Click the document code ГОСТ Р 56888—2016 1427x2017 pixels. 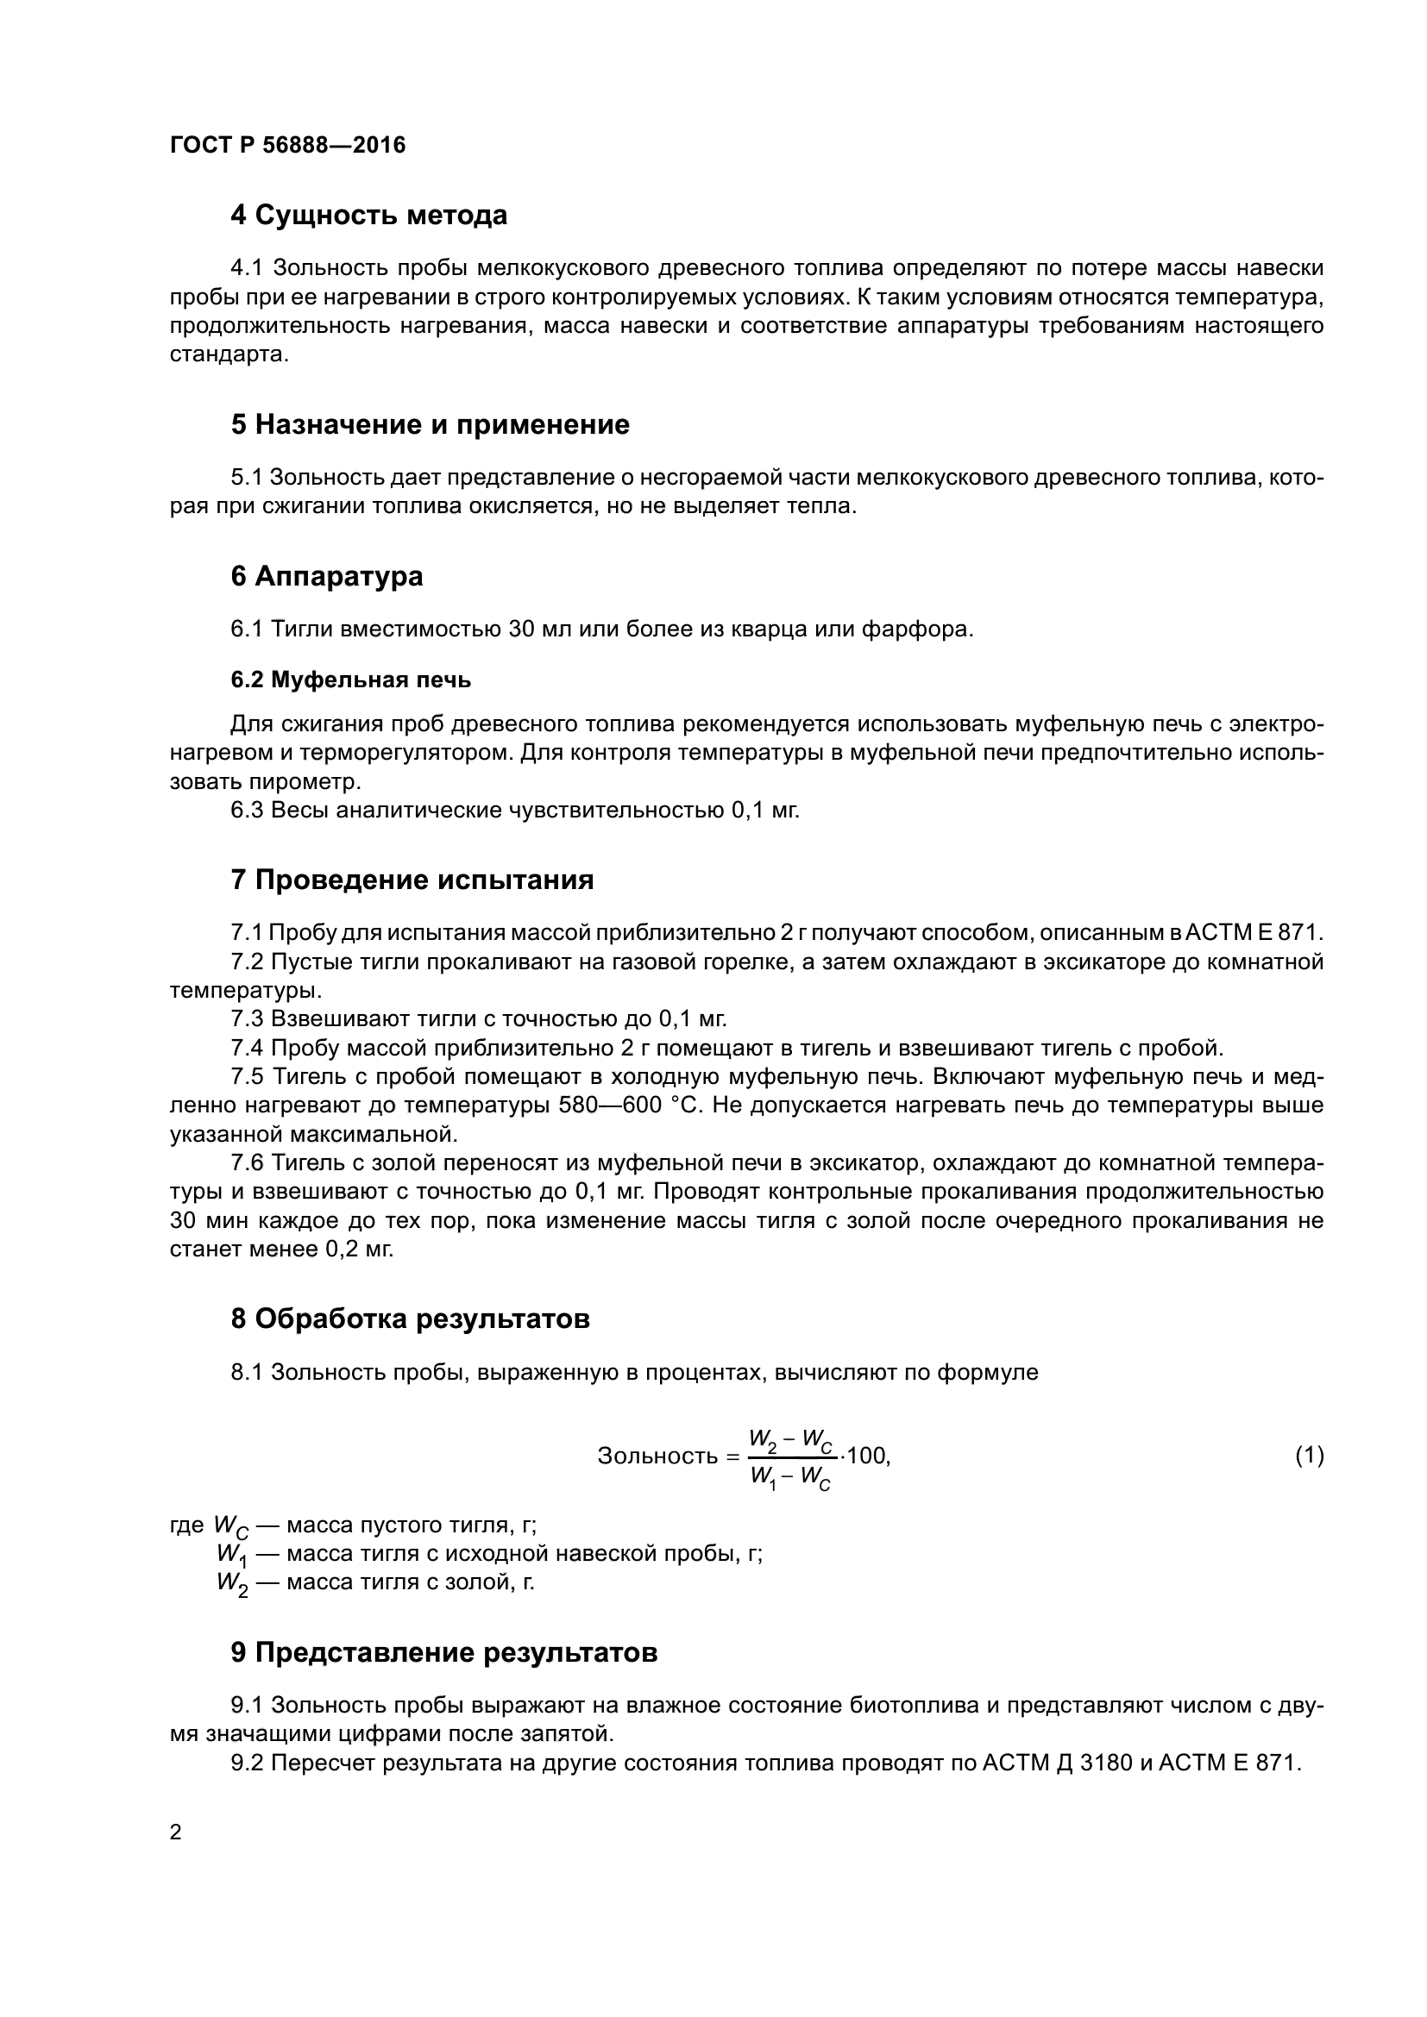click(287, 145)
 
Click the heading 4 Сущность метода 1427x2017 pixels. click(368, 216)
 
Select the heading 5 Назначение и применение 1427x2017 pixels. click(430, 425)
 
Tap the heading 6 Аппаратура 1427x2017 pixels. click(326, 576)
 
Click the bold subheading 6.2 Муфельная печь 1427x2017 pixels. click(350, 680)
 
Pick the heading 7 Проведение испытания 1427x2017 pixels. click(412, 880)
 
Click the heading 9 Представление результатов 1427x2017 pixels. click(443, 1653)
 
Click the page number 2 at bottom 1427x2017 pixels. click(176, 1832)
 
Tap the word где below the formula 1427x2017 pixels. click(186, 1525)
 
